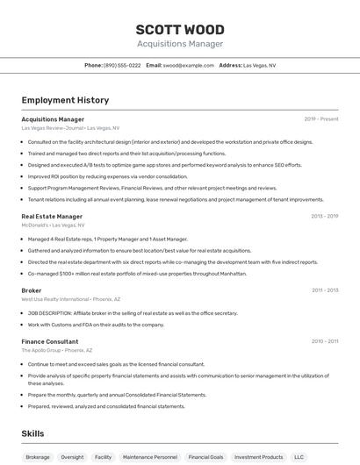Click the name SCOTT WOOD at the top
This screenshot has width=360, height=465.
pos(180,29)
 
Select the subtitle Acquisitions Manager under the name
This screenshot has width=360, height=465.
pos(180,44)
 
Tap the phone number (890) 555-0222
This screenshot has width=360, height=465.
pos(122,65)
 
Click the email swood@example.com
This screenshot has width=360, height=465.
pos(188,65)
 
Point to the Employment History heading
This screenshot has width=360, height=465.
pos(65,100)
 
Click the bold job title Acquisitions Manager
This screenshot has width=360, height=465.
pos(53,119)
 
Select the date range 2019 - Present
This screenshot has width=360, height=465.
pos(320,119)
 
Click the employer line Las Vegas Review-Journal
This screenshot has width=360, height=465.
pos(52,128)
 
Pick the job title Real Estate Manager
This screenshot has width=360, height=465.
pos(52,216)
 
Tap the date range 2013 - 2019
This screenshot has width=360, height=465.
pos(324,216)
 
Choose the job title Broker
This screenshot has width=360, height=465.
pos(32,290)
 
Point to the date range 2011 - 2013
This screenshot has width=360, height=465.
pos(325,290)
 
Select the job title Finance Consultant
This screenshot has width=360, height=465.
pos(50,341)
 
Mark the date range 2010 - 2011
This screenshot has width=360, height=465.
pos(325,341)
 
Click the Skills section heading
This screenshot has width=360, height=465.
pos(32,433)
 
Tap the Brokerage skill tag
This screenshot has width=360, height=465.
pos(38,457)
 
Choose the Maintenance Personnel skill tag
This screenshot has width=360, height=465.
pos(149,457)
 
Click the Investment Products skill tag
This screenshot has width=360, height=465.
pos(258,457)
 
